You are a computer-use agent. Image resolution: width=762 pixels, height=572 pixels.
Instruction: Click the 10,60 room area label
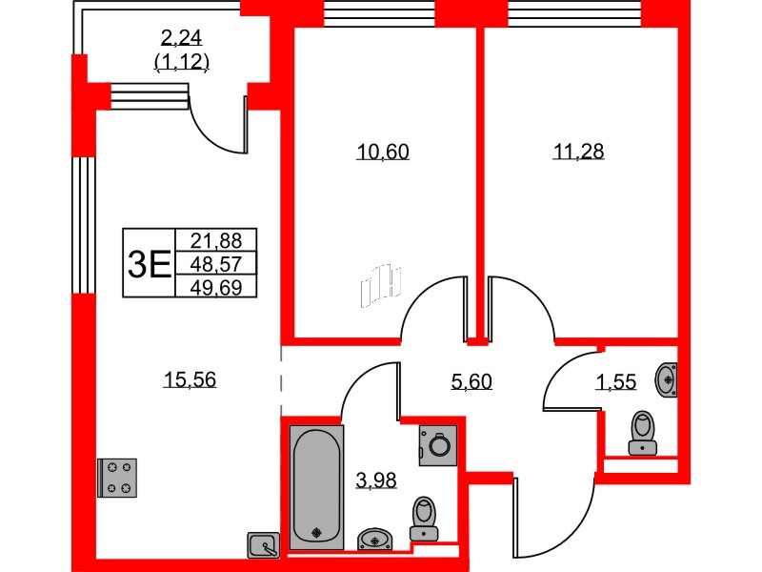(383, 152)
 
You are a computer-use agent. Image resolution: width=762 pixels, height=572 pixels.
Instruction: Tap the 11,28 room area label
(579, 152)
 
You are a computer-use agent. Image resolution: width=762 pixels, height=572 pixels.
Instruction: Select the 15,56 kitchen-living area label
(190, 379)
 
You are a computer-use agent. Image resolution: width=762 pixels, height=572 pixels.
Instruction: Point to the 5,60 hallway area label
(471, 382)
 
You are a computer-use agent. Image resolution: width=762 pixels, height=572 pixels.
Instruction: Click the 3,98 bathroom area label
(376, 480)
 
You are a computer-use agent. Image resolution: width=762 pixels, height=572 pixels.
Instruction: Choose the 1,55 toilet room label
(615, 382)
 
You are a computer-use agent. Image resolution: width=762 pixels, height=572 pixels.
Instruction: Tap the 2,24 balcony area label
(181, 36)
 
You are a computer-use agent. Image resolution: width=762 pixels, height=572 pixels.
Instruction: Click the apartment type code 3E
(149, 264)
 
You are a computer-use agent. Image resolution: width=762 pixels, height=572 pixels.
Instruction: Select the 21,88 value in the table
(216, 240)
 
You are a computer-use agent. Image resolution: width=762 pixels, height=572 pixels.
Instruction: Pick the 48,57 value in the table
(216, 264)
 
